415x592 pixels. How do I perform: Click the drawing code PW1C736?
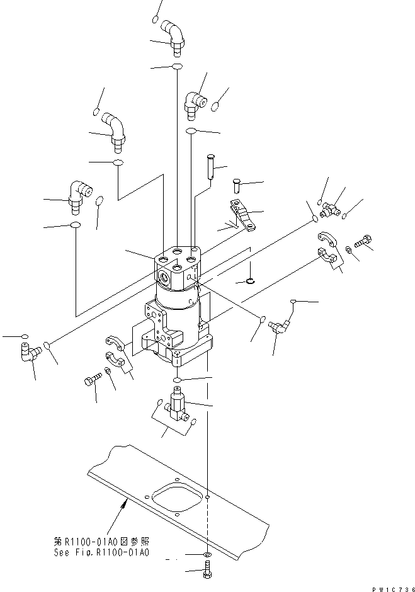[x=390, y=588]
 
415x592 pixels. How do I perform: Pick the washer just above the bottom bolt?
[x=207, y=555]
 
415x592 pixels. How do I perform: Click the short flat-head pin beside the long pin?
[x=236, y=185]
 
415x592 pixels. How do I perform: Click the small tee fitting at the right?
[x=329, y=209]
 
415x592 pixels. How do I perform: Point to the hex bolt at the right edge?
[x=363, y=240]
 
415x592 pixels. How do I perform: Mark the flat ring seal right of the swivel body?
[x=251, y=280]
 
